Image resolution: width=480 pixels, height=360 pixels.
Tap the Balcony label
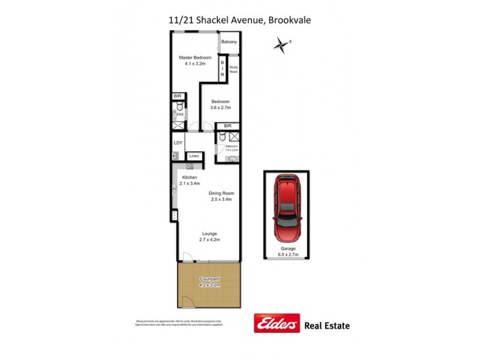[229, 42]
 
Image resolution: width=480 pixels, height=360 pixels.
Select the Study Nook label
[233, 70]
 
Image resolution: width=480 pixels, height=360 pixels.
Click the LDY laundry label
[178, 143]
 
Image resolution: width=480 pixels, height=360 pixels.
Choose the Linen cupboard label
[194, 157]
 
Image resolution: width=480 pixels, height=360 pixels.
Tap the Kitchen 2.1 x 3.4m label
[190, 181]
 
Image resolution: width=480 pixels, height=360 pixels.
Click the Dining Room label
[221, 196]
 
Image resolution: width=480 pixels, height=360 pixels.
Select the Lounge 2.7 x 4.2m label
[209, 236]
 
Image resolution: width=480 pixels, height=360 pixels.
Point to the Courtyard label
[209, 282]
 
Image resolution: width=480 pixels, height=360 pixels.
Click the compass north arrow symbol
[280, 45]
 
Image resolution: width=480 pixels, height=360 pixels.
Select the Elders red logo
[277, 325]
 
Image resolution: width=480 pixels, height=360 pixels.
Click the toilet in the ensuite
[175, 113]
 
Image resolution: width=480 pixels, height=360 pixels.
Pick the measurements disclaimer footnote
[179, 323]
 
